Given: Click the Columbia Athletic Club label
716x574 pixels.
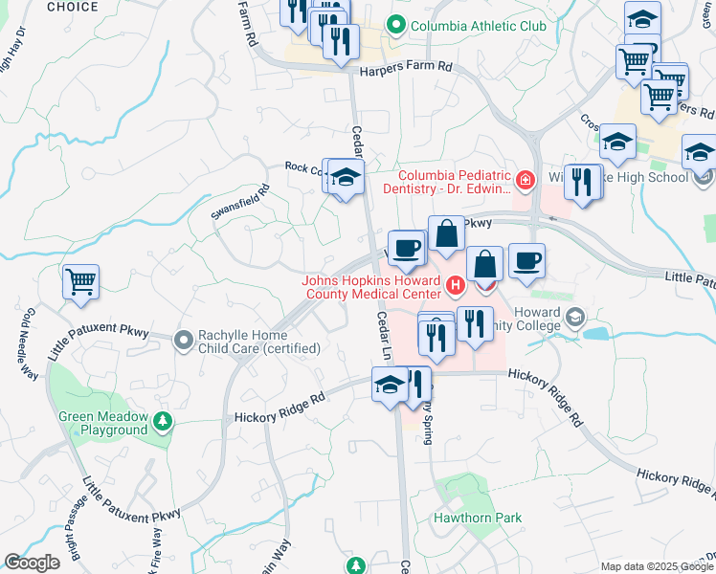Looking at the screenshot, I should point(478,26).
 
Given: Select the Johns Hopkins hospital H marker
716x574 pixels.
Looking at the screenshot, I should point(456,284).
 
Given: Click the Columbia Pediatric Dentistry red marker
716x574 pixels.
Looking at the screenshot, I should point(525,179).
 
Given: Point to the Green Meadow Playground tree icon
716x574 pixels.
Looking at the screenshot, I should point(164,420).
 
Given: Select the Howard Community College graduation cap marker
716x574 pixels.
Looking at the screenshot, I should point(575,317).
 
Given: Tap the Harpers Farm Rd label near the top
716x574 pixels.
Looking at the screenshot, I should point(405,69).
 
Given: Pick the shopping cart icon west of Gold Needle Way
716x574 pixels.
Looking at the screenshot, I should point(81,282).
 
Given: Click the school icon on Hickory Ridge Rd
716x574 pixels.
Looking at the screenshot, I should point(390,386).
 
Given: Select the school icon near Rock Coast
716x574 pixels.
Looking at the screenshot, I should point(347,177).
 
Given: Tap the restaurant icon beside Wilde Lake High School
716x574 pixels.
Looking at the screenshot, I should point(582,182).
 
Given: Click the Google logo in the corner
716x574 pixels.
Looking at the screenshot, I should point(32,563).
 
